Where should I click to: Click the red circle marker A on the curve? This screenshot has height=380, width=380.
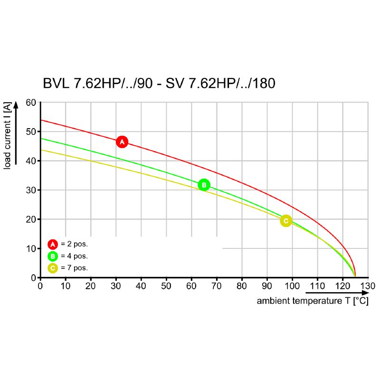(x=122, y=142)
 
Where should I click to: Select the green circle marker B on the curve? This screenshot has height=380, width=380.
(x=203, y=185)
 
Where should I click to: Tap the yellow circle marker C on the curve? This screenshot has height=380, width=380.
(x=285, y=221)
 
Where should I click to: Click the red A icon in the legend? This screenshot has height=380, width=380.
(x=53, y=244)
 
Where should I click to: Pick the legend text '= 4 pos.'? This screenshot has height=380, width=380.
(x=74, y=256)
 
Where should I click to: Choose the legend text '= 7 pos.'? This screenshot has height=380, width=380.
(x=74, y=268)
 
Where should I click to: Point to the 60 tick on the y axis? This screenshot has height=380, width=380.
(x=31, y=103)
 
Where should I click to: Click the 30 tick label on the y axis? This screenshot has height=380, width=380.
(x=31, y=190)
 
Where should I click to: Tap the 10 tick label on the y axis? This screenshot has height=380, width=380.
(x=31, y=248)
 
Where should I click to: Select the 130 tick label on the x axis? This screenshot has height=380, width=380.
(x=368, y=286)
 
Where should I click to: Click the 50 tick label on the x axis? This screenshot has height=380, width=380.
(x=166, y=286)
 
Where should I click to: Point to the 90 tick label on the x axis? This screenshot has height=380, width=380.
(x=267, y=286)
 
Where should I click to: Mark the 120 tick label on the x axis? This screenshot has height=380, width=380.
(x=342, y=286)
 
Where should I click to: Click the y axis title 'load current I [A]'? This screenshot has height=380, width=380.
(x=8, y=136)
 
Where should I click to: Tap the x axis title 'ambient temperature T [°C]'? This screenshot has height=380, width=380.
(x=313, y=301)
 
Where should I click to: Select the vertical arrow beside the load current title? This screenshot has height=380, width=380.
(x=17, y=133)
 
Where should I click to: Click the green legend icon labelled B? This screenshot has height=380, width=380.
(x=53, y=256)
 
